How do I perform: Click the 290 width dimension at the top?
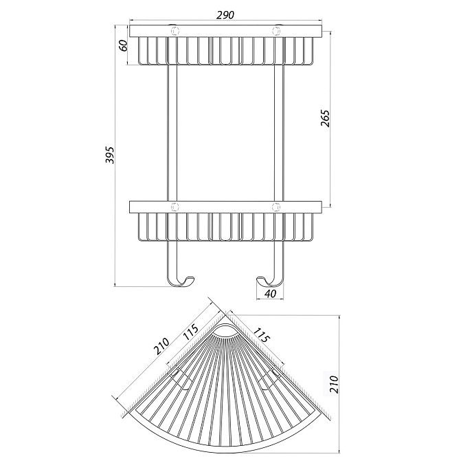[225, 14]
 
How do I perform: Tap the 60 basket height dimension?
[124, 45]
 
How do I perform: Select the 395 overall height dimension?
[110, 155]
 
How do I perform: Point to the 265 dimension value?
[325, 118]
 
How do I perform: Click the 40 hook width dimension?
[271, 294]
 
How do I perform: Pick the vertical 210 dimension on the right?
[334, 384]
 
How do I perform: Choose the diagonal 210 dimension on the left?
[161, 346]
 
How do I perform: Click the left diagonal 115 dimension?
[190, 332]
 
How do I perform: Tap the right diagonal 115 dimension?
[261, 335]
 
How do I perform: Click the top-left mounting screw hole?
[175, 30]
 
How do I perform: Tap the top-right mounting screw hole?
[276, 30]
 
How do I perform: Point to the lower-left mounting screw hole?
[175, 207]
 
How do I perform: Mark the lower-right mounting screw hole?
[276, 207]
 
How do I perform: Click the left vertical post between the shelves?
[172, 133]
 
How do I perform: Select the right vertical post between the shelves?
[279, 133]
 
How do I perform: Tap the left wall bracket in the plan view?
[181, 378]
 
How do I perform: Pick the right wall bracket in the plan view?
[269, 378]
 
